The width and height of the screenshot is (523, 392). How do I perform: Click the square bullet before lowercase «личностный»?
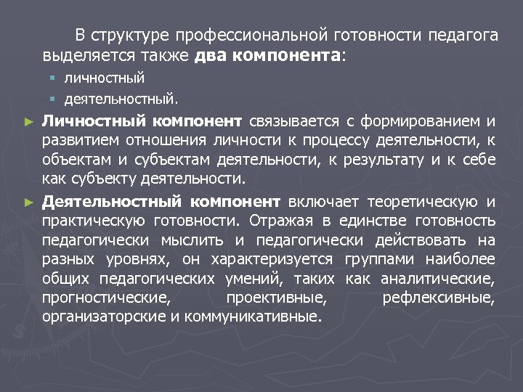[52, 78]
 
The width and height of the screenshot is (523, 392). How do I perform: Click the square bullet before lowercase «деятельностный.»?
[52, 97]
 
